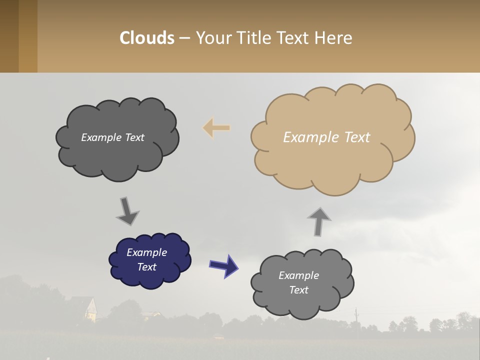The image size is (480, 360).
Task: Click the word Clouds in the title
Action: pos(147,38)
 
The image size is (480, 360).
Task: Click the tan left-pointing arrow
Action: pos(216,128)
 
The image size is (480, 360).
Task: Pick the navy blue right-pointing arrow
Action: pos(224,265)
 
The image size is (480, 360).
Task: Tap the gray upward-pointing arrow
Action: pos(319,221)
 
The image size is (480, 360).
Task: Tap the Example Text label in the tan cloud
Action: pos(326,137)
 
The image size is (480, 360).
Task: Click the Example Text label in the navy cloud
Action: pos(146,259)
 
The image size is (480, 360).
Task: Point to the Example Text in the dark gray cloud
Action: pos(112,137)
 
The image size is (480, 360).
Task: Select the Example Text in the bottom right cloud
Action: pos(298,282)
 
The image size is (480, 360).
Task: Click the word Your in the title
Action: pos(211,38)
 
